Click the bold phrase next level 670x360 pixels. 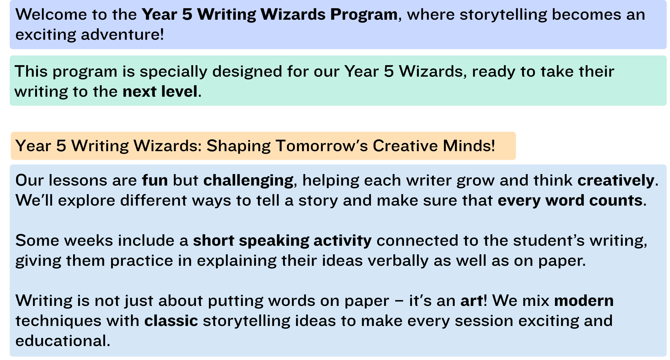[x=160, y=92]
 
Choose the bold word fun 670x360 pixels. [x=155, y=180]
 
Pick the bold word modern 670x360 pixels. [x=584, y=301]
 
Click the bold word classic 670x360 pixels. [x=171, y=321]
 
